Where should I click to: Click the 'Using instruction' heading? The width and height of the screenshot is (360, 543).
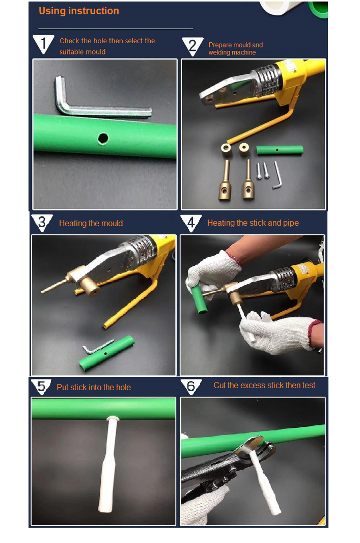click(x=79, y=11)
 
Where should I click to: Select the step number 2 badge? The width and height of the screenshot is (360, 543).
click(x=192, y=46)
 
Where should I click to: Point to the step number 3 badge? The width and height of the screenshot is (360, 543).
click(x=42, y=223)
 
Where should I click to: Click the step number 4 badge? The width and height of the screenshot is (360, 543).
click(x=191, y=223)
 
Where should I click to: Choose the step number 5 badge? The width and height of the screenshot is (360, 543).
click(x=41, y=387)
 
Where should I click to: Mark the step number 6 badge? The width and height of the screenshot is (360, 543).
click(x=191, y=386)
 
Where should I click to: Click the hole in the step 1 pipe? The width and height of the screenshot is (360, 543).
click(x=103, y=138)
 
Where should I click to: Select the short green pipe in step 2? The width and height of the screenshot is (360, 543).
click(x=280, y=150)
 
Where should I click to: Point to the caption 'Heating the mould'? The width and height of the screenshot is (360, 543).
click(x=91, y=224)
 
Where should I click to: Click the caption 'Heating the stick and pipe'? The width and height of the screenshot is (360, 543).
click(x=253, y=223)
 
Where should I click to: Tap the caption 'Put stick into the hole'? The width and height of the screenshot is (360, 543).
click(x=94, y=388)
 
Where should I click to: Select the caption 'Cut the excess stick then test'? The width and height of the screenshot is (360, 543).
click(x=264, y=386)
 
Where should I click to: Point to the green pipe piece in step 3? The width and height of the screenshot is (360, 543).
click(x=107, y=352)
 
